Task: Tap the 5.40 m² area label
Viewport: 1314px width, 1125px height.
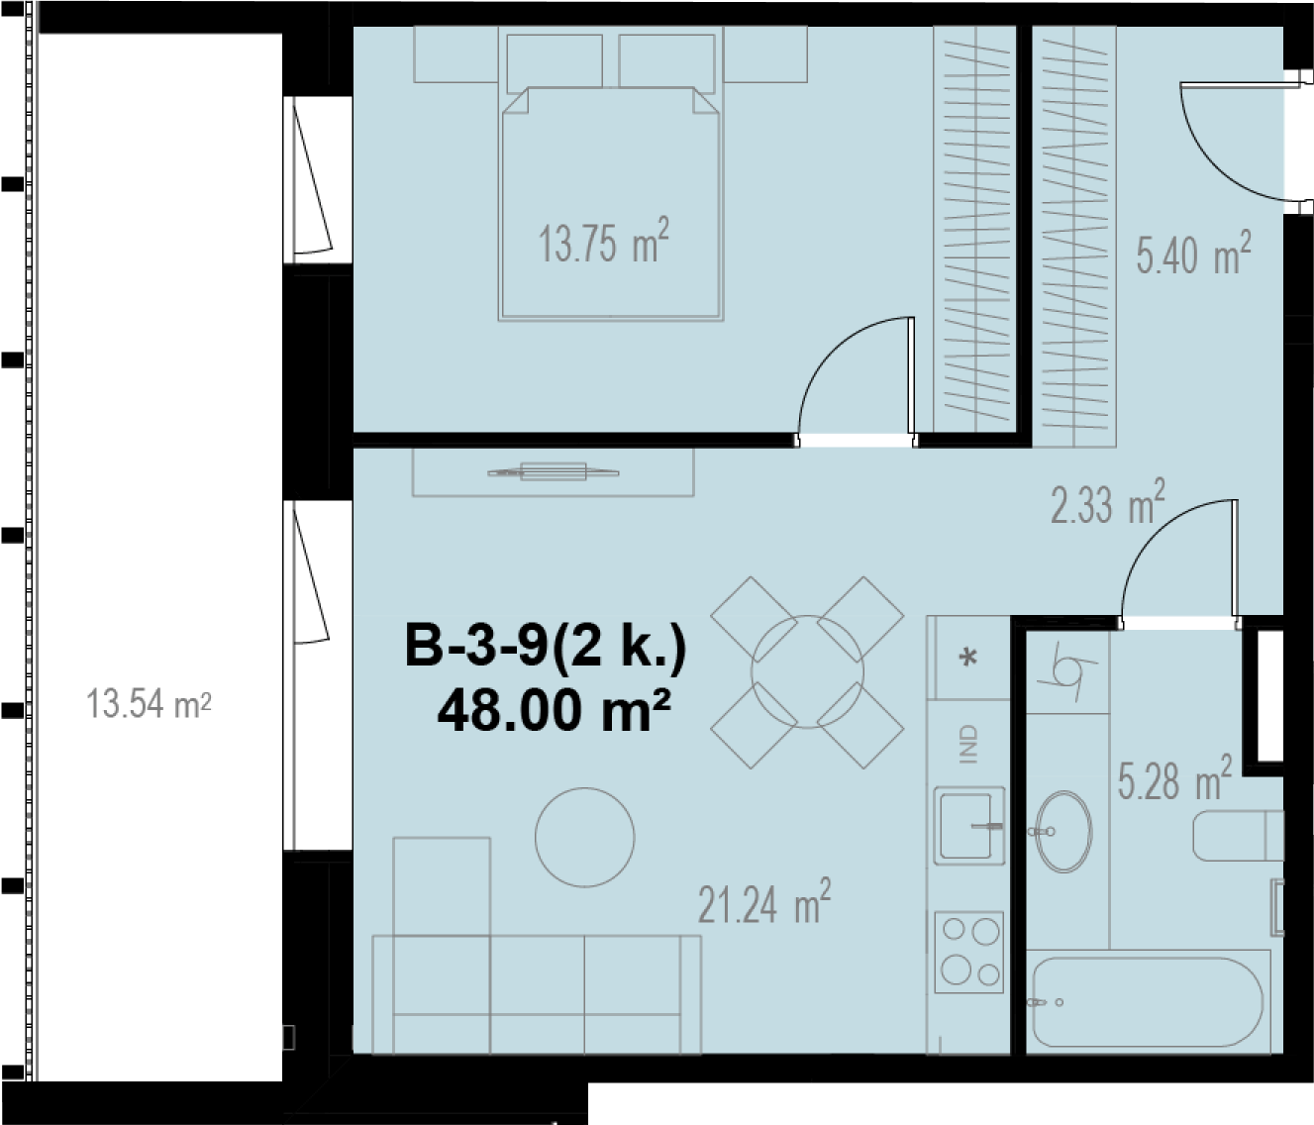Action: click(x=1194, y=254)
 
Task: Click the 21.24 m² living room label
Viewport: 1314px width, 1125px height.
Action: click(x=764, y=902)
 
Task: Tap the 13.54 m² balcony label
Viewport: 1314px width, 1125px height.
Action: click(x=149, y=704)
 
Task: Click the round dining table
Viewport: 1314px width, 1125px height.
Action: click(x=807, y=671)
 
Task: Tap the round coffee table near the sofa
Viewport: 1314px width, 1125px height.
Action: click(x=585, y=837)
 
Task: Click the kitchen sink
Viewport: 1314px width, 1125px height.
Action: click(x=968, y=826)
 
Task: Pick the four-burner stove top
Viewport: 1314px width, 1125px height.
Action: click(x=968, y=952)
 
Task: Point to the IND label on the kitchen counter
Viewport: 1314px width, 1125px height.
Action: click(x=967, y=745)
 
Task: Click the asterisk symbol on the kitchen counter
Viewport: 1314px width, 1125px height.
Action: click(x=968, y=657)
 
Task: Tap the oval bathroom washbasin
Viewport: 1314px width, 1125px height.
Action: click(x=1064, y=831)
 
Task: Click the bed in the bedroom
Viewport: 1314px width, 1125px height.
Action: click(x=611, y=203)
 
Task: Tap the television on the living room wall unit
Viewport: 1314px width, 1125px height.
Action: click(x=554, y=471)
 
